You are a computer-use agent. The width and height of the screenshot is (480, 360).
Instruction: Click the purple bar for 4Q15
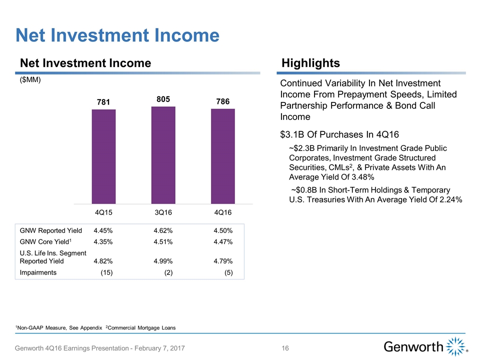(103, 156)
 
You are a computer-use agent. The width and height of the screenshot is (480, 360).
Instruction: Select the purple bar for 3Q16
(163, 155)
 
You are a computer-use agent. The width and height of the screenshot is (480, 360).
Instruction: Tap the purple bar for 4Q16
(222, 156)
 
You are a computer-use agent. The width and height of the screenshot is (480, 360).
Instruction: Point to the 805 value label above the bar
(163, 99)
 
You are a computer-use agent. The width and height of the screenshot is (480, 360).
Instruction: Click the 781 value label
(103, 102)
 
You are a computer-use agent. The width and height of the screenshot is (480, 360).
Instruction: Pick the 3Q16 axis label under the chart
(163, 212)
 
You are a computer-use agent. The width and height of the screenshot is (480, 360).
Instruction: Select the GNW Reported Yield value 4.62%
(163, 231)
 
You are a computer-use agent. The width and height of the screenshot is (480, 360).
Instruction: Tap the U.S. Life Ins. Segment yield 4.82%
(103, 261)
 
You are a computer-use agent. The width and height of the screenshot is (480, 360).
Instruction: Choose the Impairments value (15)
(105, 272)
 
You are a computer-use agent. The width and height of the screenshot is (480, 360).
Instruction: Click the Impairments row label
(38, 272)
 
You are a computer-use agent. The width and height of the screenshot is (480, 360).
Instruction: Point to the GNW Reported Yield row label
(50, 231)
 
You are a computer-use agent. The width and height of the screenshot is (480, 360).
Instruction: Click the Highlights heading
(310, 63)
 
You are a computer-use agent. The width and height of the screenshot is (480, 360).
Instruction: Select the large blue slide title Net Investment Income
(117, 35)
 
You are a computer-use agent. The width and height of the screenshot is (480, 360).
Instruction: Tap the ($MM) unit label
(30, 80)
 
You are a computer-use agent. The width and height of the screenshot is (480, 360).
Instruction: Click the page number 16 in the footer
(285, 347)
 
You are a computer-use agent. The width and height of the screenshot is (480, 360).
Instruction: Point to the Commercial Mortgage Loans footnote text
(142, 327)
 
